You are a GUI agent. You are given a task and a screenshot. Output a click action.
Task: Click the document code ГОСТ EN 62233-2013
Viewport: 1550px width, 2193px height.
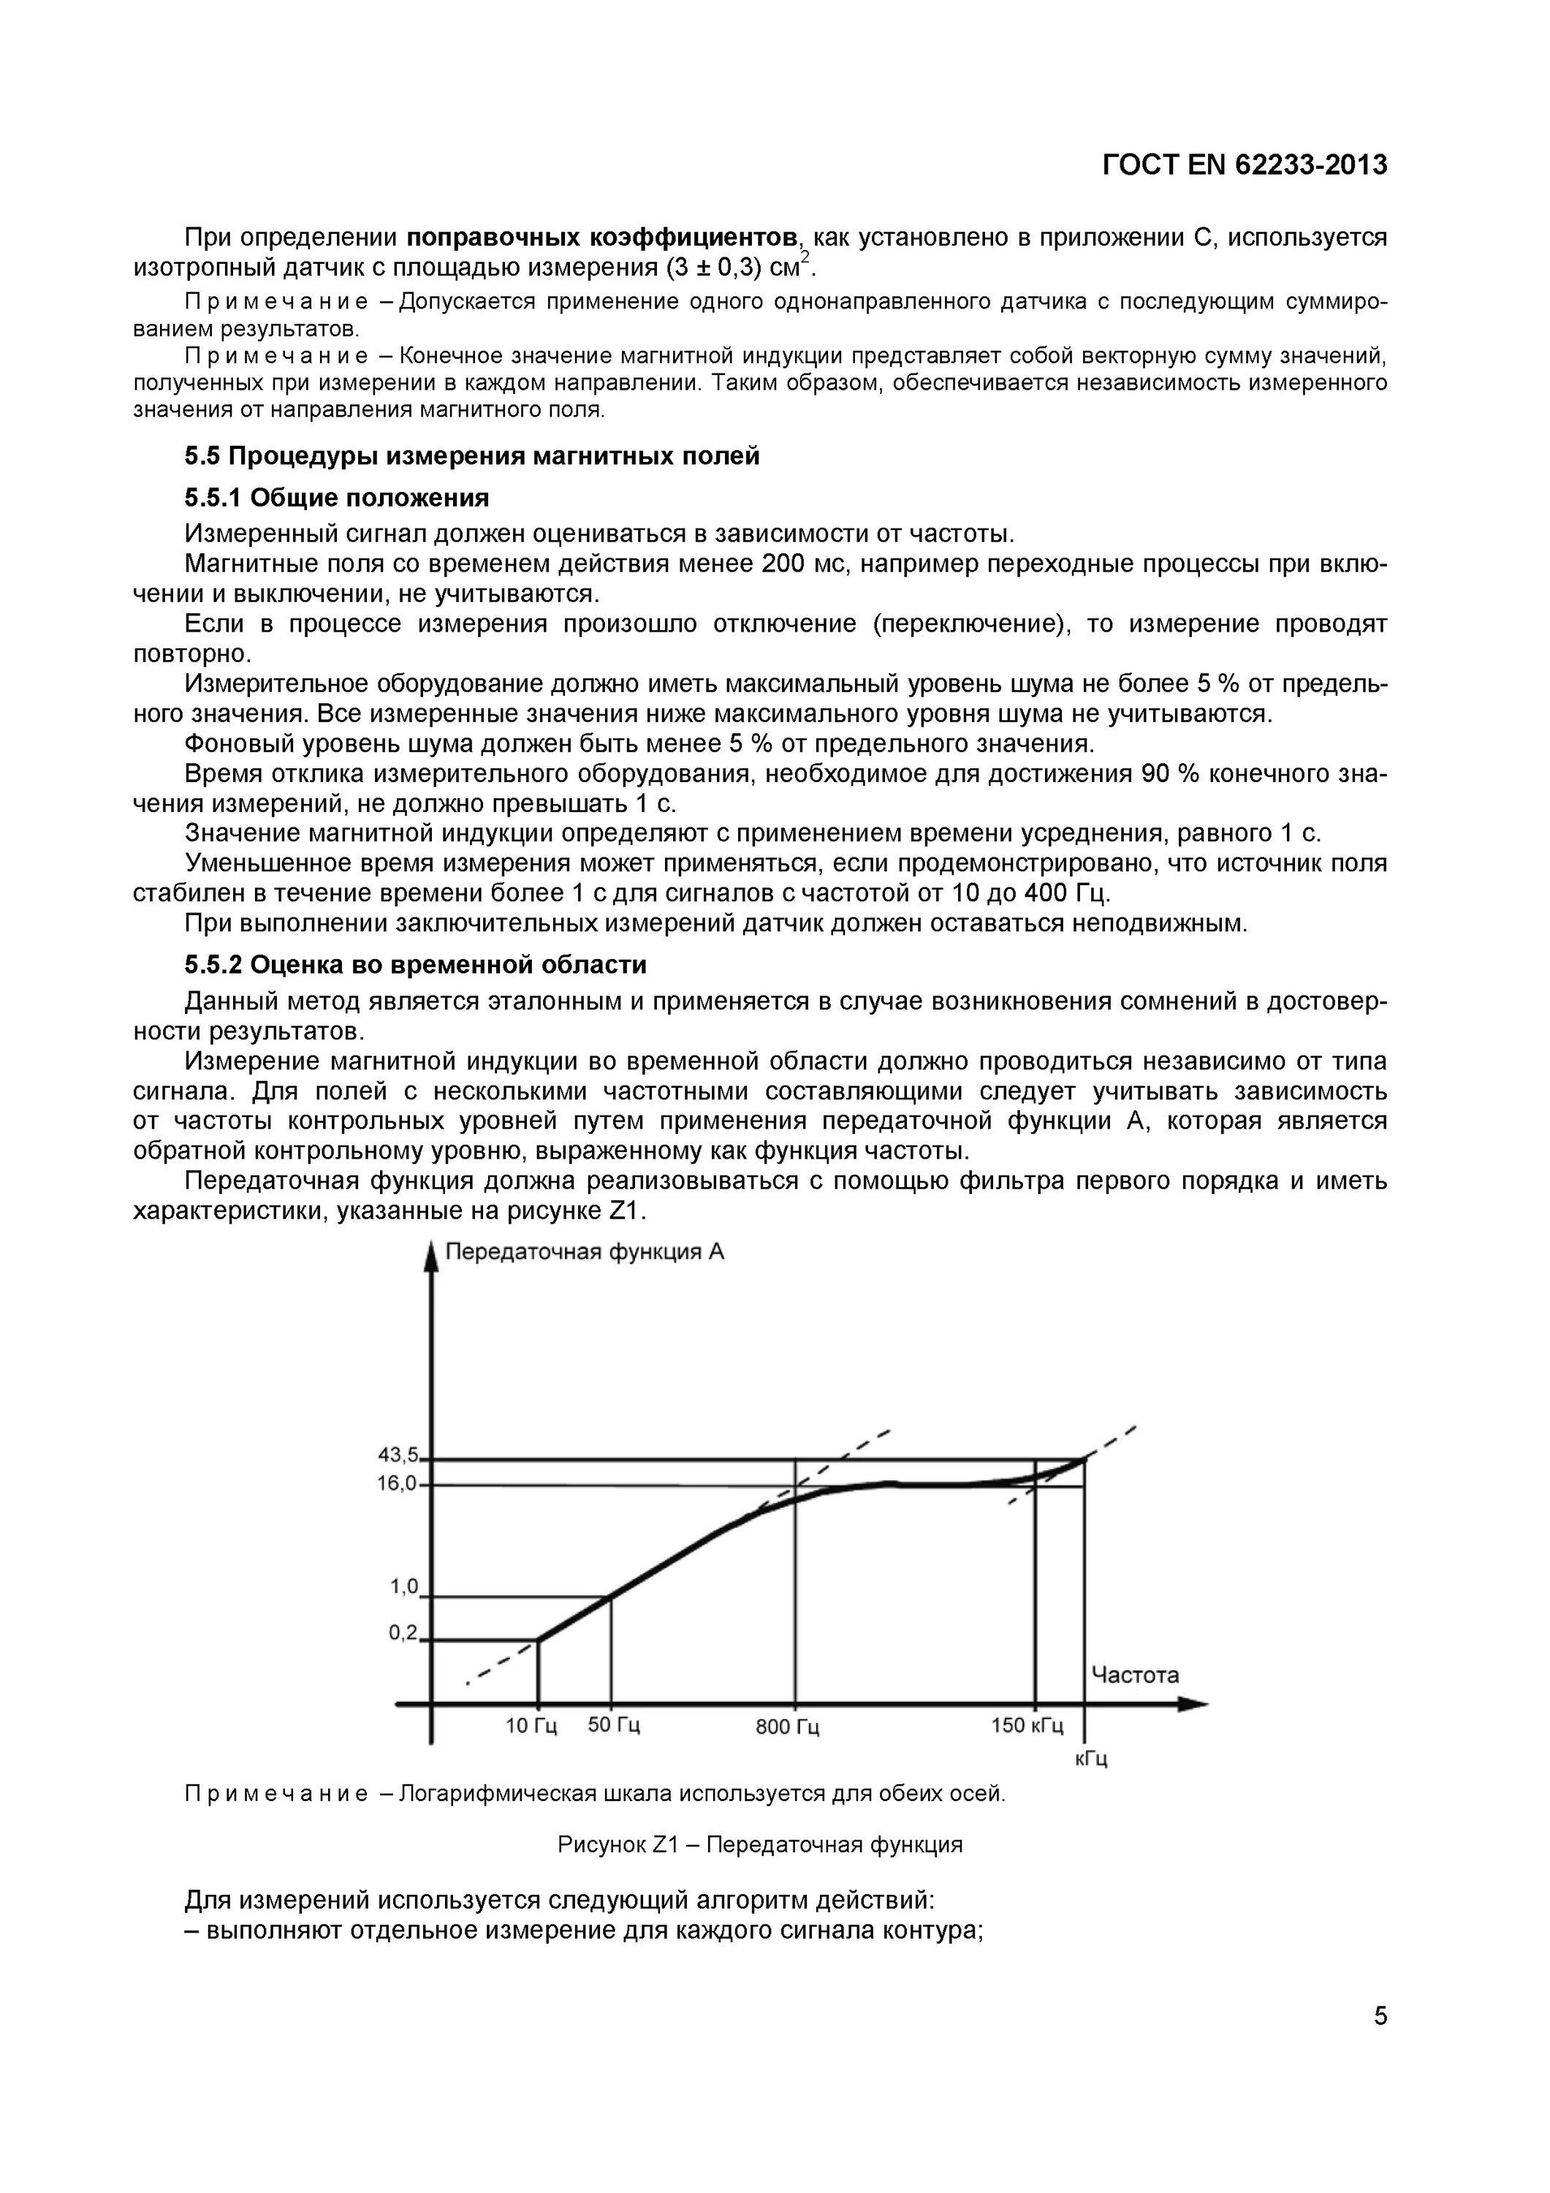point(1245,165)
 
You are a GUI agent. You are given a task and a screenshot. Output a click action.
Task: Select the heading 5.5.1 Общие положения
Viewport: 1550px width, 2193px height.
point(336,498)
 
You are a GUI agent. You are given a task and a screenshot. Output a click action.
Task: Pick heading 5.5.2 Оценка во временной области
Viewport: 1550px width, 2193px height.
point(415,965)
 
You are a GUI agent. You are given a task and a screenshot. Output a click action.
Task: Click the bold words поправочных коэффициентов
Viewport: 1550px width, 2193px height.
point(603,236)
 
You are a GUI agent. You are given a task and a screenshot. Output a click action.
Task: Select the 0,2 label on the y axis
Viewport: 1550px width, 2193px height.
point(403,1632)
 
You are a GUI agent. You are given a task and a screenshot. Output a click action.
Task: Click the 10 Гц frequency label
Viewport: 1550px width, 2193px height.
point(531,1726)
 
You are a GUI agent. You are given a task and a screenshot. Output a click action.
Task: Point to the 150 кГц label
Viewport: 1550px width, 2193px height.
point(1027,1725)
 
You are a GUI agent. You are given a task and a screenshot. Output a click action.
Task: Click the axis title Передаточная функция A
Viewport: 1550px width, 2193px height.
point(585,1251)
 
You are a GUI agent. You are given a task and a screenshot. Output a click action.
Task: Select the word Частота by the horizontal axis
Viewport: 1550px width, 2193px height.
point(1135,1675)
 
